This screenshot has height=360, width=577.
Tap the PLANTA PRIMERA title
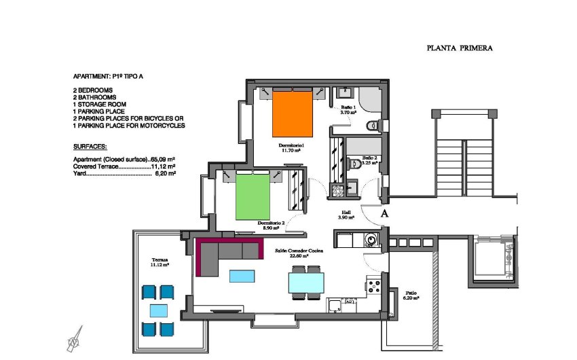[459, 48]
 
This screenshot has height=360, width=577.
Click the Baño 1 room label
[348, 110]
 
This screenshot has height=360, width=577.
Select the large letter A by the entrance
[385, 213]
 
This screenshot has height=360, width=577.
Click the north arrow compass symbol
[74, 340]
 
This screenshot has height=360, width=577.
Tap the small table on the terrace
[157, 311]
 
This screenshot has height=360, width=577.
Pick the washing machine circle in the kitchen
[371, 239]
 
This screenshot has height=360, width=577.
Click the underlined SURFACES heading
[90, 147]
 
